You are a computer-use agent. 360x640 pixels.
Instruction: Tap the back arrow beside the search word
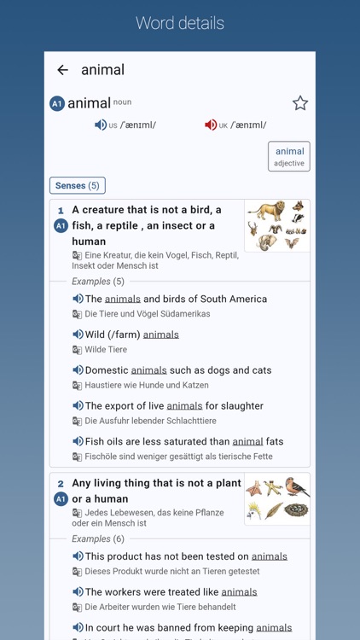point(62,70)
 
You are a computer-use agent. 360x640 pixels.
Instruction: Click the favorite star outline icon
point(300,103)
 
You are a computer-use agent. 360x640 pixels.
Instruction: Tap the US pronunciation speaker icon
point(101,125)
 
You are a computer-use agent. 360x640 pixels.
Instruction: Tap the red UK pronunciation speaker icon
point(211,125)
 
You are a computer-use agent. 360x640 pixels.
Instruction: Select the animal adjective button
point(289,156)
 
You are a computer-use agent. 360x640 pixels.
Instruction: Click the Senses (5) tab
point(78,185)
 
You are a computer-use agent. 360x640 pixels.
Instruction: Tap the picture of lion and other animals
point(276,226)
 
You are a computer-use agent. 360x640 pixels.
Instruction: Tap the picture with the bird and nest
point(276,499)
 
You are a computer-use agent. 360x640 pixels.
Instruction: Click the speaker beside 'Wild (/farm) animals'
point(78,335)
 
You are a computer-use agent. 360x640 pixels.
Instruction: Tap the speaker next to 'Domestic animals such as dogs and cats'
point(78,370)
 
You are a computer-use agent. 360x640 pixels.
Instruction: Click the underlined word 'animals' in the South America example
point(123,300)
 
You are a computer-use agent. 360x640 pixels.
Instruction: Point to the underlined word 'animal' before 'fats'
point(247,442)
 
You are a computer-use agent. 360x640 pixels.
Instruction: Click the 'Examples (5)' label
point(98,282)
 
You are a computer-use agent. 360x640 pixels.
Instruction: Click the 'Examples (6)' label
point(98,539)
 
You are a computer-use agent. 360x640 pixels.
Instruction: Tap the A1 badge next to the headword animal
point(57,104)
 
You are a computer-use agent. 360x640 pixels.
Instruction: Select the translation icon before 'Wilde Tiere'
point(78,350)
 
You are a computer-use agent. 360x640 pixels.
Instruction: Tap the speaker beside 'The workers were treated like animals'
point(78,592)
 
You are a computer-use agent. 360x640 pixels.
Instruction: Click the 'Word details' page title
point(180,23)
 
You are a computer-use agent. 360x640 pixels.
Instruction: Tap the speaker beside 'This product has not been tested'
point(78,556)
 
